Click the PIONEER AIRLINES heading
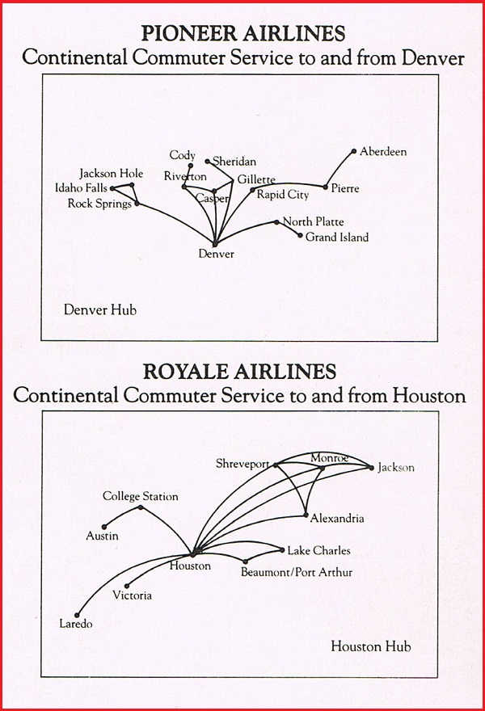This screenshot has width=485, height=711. tap(243, 34)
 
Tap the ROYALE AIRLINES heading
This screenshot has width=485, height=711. tap(239, 372)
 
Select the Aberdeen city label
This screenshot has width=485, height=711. tap(383, 152)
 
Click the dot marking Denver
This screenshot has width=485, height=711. tap(215, 243)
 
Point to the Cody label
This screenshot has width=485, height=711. tap(182, 155)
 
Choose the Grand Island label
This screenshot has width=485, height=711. tap(336, 238)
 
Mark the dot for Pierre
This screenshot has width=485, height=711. tap(326, 187)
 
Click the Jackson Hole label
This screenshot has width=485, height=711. tap(111, 174)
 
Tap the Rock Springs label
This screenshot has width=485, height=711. tap(99, 204)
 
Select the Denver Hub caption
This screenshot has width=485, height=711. tap(100, 309)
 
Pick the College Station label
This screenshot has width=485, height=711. tap(140, 496)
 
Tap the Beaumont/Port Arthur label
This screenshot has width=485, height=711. tap(297, 573)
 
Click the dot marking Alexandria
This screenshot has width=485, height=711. tap(306, 515)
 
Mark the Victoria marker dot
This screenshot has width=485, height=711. tap(127, 586)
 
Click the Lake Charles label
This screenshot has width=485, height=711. tap(318, 551)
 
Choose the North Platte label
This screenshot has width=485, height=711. tap(313, 222)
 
